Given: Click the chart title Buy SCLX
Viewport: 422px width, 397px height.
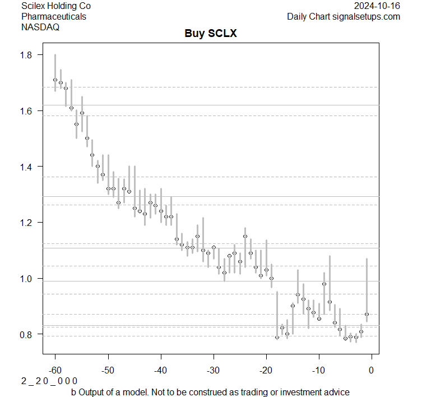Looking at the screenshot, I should coord(211,33).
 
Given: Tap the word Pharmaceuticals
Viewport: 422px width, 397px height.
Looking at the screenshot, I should coord(54,16).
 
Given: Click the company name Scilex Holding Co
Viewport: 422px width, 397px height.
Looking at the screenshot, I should coord(56,6).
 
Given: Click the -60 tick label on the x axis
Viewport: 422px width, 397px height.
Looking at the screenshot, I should coord(55,370).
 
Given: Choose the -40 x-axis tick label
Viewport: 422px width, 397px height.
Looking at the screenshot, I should coord(160,370).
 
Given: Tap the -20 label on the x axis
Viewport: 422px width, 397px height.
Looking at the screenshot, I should coord(266,370).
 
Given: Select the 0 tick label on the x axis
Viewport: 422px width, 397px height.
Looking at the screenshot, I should coord(371,370).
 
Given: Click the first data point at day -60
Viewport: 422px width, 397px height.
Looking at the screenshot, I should coord(55,80).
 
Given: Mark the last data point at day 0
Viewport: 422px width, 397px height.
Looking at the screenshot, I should coord(367,314).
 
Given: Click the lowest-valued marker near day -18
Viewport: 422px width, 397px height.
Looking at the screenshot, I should coord(277,337).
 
